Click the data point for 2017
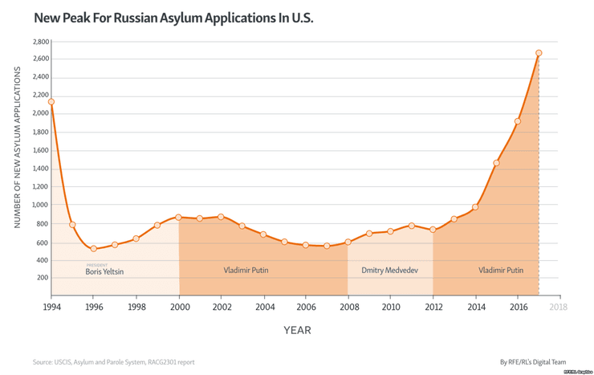pos(539,53)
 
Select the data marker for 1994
pos(51,102)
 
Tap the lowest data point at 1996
pos(94,249)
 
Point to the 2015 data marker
pos(496,163)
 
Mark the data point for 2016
pos(518,121)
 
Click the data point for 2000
pos(178,217)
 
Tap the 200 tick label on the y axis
pos(43,278)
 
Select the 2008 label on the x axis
pos(348,308)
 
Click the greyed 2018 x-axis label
pos(559,308)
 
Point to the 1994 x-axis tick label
pos(51,308)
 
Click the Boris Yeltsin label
pos(104,271)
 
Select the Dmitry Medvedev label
pos(389,271)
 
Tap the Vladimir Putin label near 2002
pos(246,271)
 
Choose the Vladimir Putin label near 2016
pos(501,271)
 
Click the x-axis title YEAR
pos(296,330)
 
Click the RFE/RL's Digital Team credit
pos(533,362)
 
